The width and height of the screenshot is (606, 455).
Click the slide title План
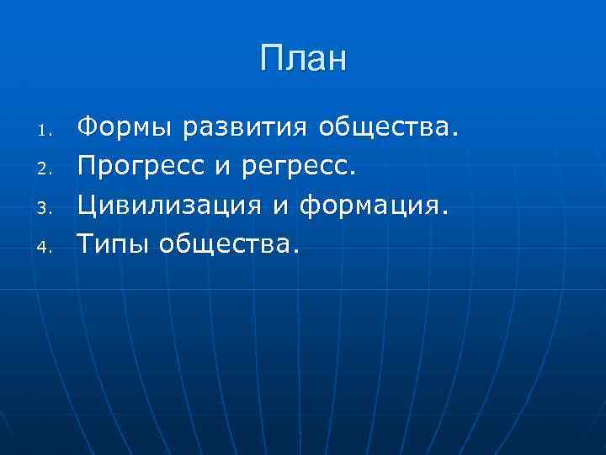pyautogui.click(x=303, y=59)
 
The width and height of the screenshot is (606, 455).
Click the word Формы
pyautogui.click(x=125, y=129)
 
